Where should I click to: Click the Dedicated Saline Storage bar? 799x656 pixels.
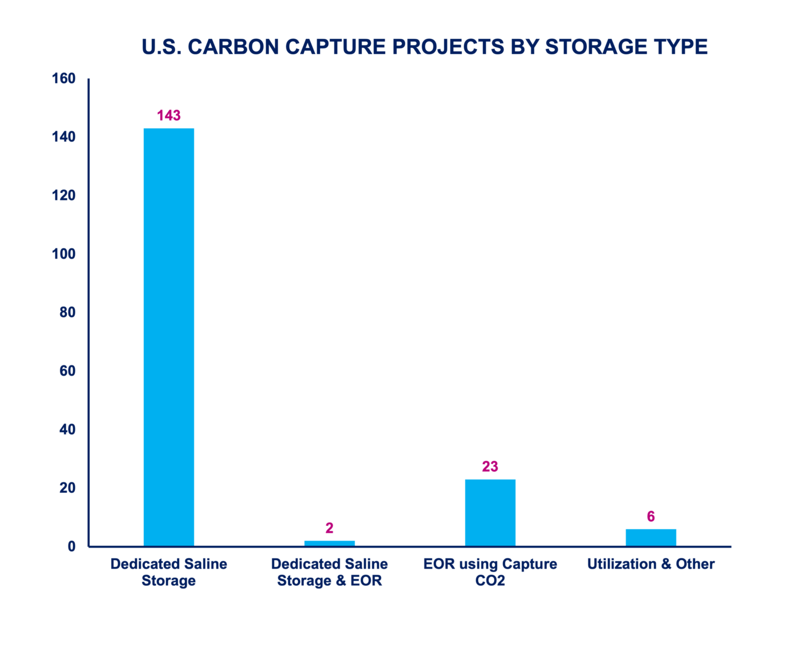pyautogui.click(x=168, y=337)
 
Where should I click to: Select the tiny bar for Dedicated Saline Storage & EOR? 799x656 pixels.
pyautogui.click(x=329, y=543)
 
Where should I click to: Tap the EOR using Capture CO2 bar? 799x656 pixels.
pyautogui.click(x=490, y=513)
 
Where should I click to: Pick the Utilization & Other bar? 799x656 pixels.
pyautogui.click(x=651, y=537)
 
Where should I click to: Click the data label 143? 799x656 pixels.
pyautogui.click(x=168, y=115)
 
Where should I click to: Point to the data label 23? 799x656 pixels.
pyautogui.click(x=490, y=466)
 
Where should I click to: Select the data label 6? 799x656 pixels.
pyautogui.click(x=651, y=516)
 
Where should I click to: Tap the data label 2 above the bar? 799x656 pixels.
pyautogui.click(x=329, y=528)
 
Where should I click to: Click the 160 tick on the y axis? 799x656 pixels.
pyautogui.click(x=63, y=78)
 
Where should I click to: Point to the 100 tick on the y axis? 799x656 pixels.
pyautogui.click(x=63, y=254)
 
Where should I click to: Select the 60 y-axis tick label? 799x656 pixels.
pyautogui.click(x=67, y=371)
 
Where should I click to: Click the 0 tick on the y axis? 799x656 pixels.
pyautogui.click(x=71, y=546)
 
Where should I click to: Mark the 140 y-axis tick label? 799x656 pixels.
pyautogui.click(x=63, y=137)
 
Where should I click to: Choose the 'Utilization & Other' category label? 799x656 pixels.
pyautogui.click(x=651, y=564)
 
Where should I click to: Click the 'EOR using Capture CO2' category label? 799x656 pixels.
pyautogui.click(x=490, y=572)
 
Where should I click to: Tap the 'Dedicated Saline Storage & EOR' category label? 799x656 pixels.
pyautogui.click(x=329, y=572)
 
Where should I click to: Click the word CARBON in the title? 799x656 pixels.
pyautogui.click(x=236, y=47)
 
